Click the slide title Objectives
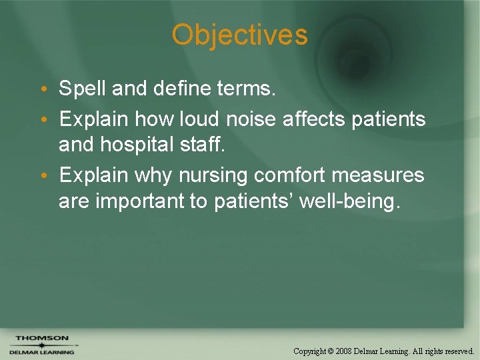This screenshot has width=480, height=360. (240, 35)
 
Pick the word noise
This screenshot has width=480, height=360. (251, 119)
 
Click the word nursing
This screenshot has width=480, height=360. (213, 176)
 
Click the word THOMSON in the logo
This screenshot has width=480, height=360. (41, 338)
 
